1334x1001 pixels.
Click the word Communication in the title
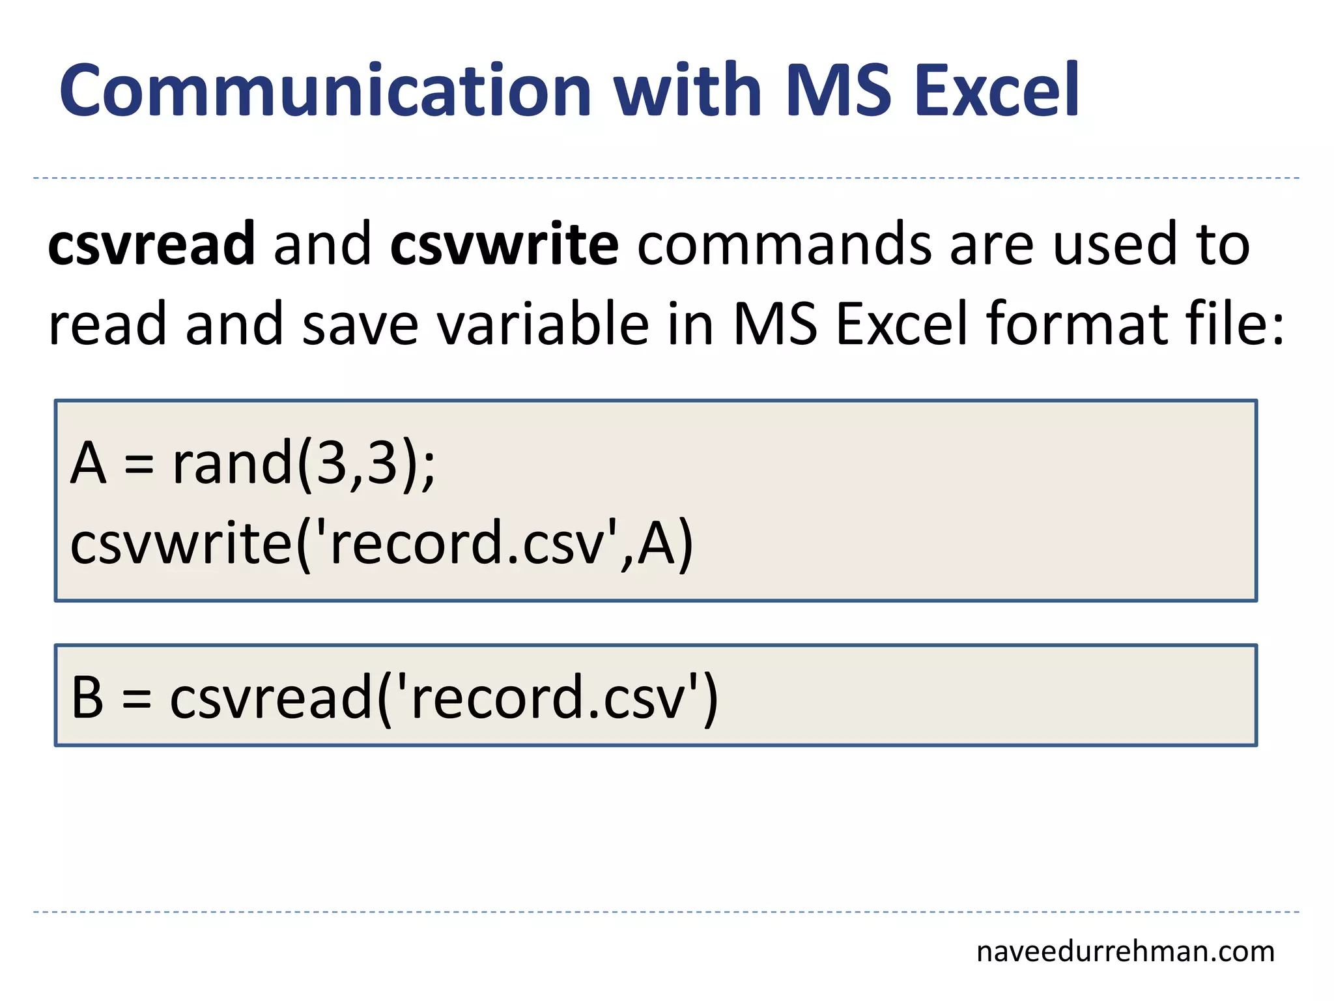(325, 91)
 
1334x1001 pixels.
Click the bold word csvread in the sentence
(151, 244)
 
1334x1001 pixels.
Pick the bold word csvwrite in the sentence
(504, 244)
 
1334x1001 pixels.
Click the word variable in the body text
(543, 324)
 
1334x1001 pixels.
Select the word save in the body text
(360, 324)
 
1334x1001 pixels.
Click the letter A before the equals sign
(89, 463)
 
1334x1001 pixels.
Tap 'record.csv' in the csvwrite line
(469, 544)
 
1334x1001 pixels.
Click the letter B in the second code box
(87, 697)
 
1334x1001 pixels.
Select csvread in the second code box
(271, 697)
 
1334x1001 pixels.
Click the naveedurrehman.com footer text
(1125, 952)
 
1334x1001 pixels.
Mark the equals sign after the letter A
(139, 465)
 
